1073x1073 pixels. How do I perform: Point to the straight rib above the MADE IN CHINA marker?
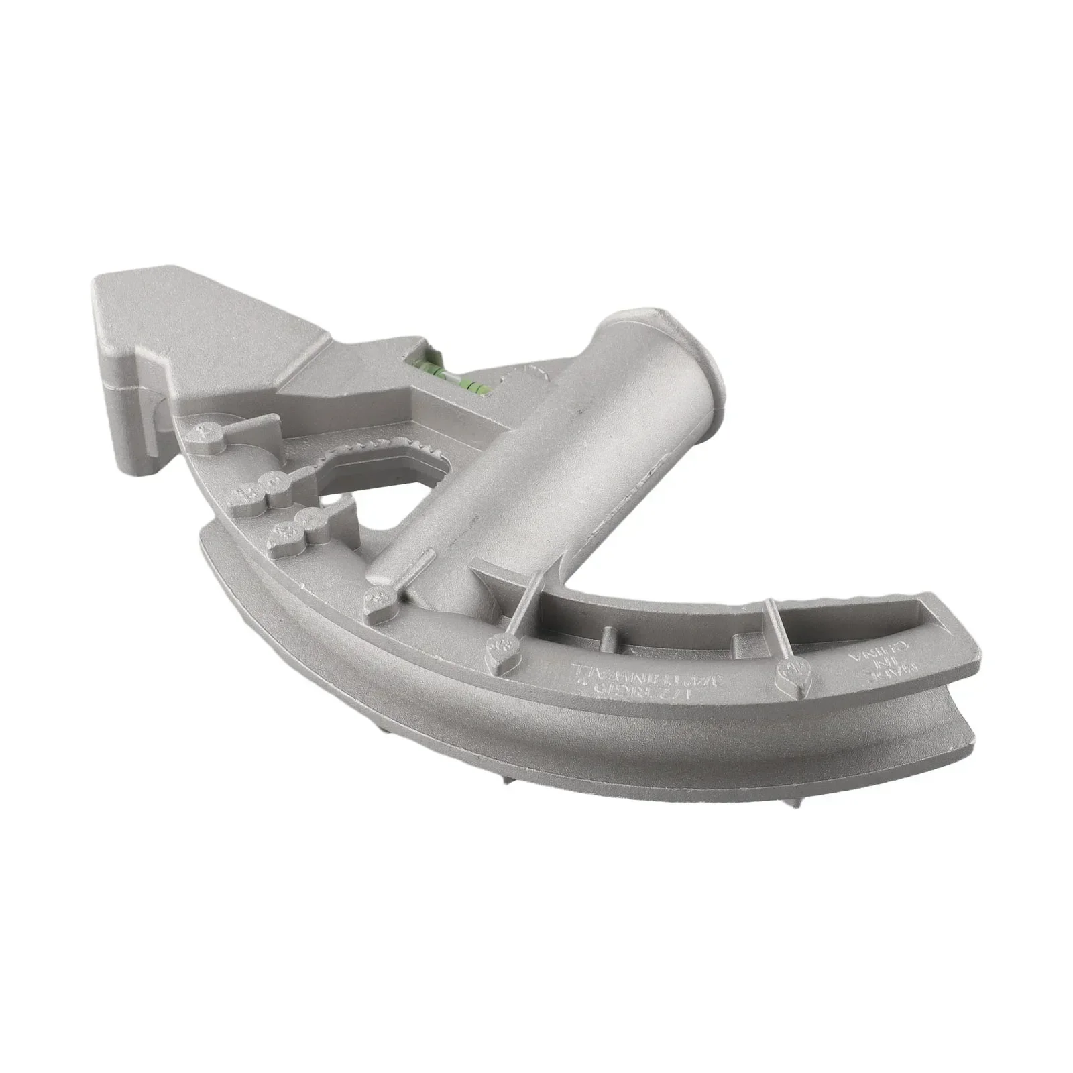778,630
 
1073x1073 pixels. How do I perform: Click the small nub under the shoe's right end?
799,801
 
